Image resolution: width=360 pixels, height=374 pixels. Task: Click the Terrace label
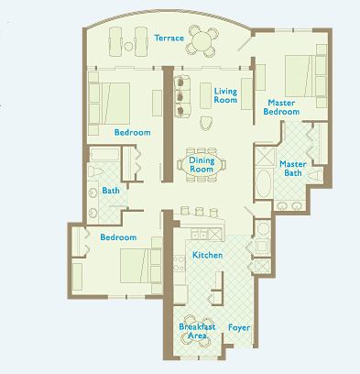169,38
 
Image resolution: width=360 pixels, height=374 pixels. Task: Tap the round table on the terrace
202,41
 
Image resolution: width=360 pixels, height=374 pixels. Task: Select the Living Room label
225,95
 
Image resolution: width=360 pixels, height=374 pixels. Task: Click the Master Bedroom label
281,107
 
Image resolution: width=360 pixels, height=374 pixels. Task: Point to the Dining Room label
202,165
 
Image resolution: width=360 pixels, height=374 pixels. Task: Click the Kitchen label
208,255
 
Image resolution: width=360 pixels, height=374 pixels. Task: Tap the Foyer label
239,328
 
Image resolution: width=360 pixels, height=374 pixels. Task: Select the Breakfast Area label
197,331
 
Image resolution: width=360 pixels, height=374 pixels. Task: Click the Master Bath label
293,169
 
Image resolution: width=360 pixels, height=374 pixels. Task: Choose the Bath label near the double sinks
111,191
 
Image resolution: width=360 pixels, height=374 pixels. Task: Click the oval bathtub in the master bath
263,183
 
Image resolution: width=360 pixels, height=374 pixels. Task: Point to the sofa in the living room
182,96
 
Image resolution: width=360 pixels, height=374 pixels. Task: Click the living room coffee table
205,95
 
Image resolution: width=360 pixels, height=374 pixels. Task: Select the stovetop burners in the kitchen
179,264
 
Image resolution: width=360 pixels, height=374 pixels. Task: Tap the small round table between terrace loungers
129,47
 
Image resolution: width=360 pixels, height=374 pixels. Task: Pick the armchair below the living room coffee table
206,123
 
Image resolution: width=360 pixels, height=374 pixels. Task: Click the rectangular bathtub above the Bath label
104,154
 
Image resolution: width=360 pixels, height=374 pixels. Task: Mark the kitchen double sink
199,235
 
